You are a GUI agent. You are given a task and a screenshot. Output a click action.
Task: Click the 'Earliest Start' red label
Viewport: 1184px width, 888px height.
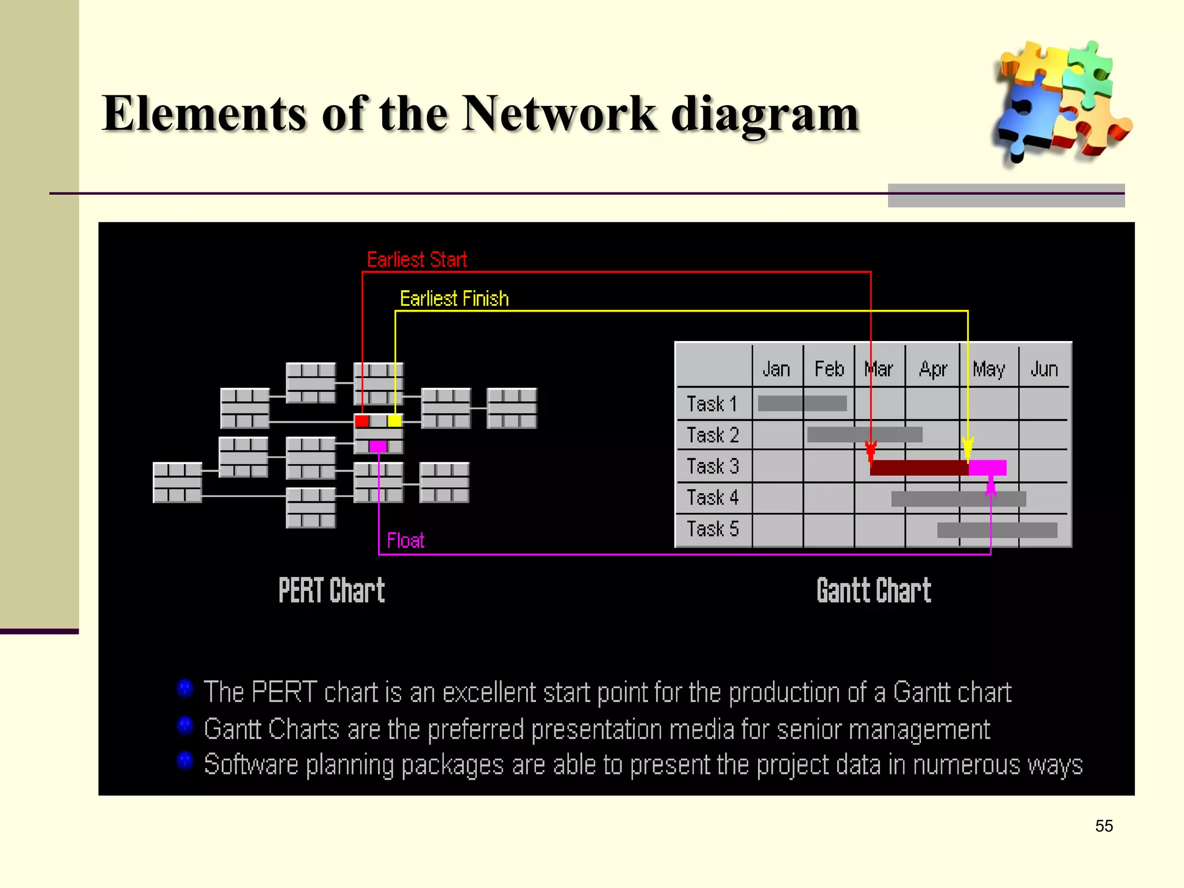coord(417,260)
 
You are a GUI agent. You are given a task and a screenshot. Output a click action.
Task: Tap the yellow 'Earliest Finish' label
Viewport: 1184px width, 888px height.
coord(454,298)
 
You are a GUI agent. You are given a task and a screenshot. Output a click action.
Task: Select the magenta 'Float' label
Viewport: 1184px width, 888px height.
coord(405,541)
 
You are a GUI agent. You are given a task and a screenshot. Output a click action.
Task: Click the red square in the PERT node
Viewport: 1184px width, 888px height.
coord(362,421)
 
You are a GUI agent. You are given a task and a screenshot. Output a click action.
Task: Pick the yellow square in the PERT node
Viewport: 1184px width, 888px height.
coord(395,421)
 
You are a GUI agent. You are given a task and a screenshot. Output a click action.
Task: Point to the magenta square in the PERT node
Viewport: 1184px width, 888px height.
coord(378,446)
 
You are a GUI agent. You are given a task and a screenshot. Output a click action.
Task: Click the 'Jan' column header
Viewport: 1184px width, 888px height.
coord(776,369)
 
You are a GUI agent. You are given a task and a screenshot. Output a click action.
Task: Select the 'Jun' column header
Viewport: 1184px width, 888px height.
coord(1044,369)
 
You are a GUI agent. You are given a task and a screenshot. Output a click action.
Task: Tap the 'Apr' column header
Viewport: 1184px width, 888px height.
coord(933,369)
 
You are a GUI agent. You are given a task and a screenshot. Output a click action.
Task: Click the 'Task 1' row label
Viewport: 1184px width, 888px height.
coord(712,404)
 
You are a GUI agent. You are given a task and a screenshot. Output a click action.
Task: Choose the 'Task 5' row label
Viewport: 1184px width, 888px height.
coord(712,529)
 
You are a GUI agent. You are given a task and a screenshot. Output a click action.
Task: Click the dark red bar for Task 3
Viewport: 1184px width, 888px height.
coord(919,468)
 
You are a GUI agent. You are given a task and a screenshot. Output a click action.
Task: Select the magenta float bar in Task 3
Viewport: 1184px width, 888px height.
coord(988,468)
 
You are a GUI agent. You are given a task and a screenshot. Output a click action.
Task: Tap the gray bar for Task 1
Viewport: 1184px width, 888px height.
coord(802,404)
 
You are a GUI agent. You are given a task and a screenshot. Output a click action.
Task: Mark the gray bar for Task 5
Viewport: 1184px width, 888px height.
coord(997,530)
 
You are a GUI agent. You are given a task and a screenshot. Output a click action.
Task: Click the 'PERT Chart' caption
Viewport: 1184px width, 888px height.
coord(332,590)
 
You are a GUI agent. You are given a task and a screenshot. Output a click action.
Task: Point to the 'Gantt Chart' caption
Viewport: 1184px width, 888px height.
coord(874,590)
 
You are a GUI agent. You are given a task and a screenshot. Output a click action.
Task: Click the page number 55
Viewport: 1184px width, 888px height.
coord(1104,826)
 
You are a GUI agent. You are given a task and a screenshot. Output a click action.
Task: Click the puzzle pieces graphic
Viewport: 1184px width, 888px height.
coord(1061,101)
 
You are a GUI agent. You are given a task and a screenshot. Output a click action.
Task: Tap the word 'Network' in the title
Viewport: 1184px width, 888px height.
coord(559,113)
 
